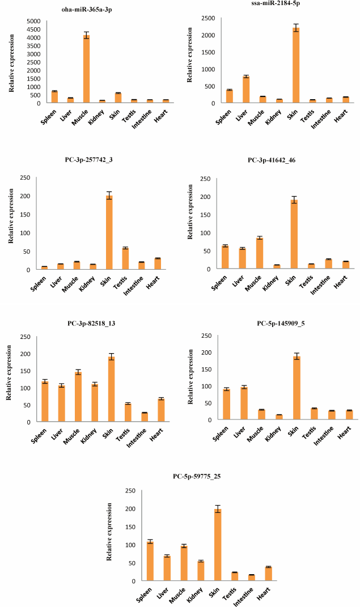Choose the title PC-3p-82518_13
click(92, 324)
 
